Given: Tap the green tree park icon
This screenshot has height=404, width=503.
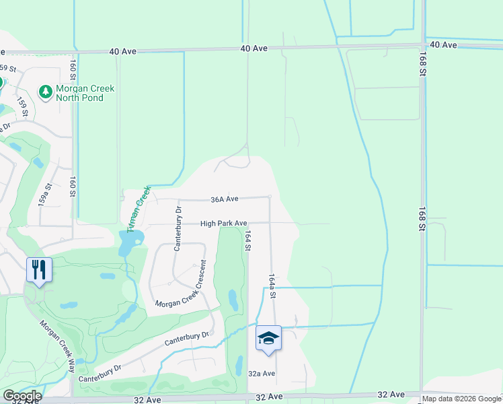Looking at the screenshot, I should point(46,92).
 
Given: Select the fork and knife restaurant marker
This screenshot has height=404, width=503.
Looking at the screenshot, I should point(39,270).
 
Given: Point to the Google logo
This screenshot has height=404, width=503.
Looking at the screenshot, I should point(22,396).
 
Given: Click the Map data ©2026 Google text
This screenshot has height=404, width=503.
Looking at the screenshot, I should point(461,399).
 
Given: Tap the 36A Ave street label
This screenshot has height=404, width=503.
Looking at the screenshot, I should point(225,199).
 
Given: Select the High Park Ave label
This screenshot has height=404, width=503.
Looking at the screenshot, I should point(224,224).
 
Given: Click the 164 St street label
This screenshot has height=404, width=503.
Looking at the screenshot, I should point(248,241).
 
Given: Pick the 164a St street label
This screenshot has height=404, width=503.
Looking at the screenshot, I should point(272,286).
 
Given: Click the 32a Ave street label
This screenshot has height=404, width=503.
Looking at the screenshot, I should point(262,374).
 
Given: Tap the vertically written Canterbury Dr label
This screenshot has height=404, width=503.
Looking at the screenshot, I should point(178,229).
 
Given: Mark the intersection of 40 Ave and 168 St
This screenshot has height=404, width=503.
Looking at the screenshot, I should point(422,45).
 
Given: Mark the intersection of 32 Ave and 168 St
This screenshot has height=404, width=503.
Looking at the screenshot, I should point(422,395).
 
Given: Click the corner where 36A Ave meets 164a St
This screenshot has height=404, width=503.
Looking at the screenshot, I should point(270,197).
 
